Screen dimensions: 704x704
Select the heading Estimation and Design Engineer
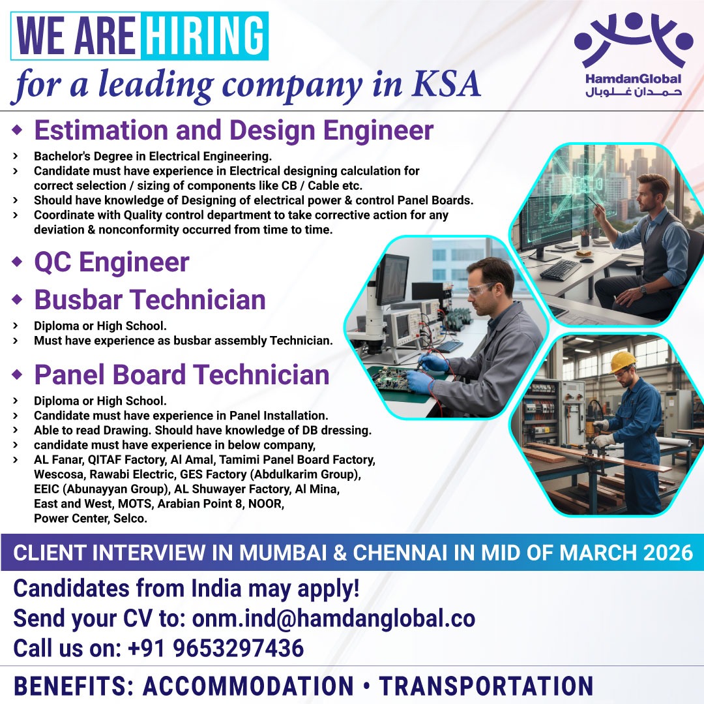[x=233, y=130]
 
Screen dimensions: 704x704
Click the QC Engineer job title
[x=111, y=262]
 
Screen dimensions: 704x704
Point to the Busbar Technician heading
[x=150, y=300]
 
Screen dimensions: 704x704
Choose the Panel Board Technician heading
[x=181, y=375]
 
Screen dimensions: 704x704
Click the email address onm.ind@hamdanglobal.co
[x=333, y=618]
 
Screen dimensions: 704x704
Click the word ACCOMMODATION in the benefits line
[x=248, y=686]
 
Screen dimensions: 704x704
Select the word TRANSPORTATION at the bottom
[x=486, y=686]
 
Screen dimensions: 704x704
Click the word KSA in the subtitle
[x=448, y=84]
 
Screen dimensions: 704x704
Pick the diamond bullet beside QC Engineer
[x=18, y=262]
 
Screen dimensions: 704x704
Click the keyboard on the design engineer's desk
[x=559, y=269]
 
